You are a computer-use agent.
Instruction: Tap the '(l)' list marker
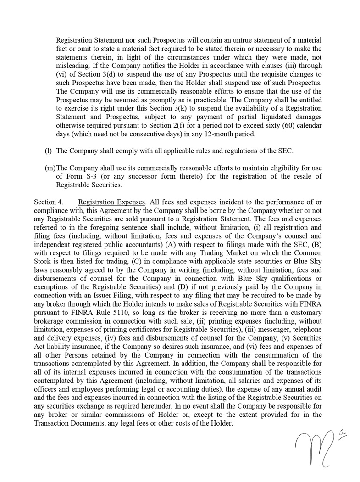48,151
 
